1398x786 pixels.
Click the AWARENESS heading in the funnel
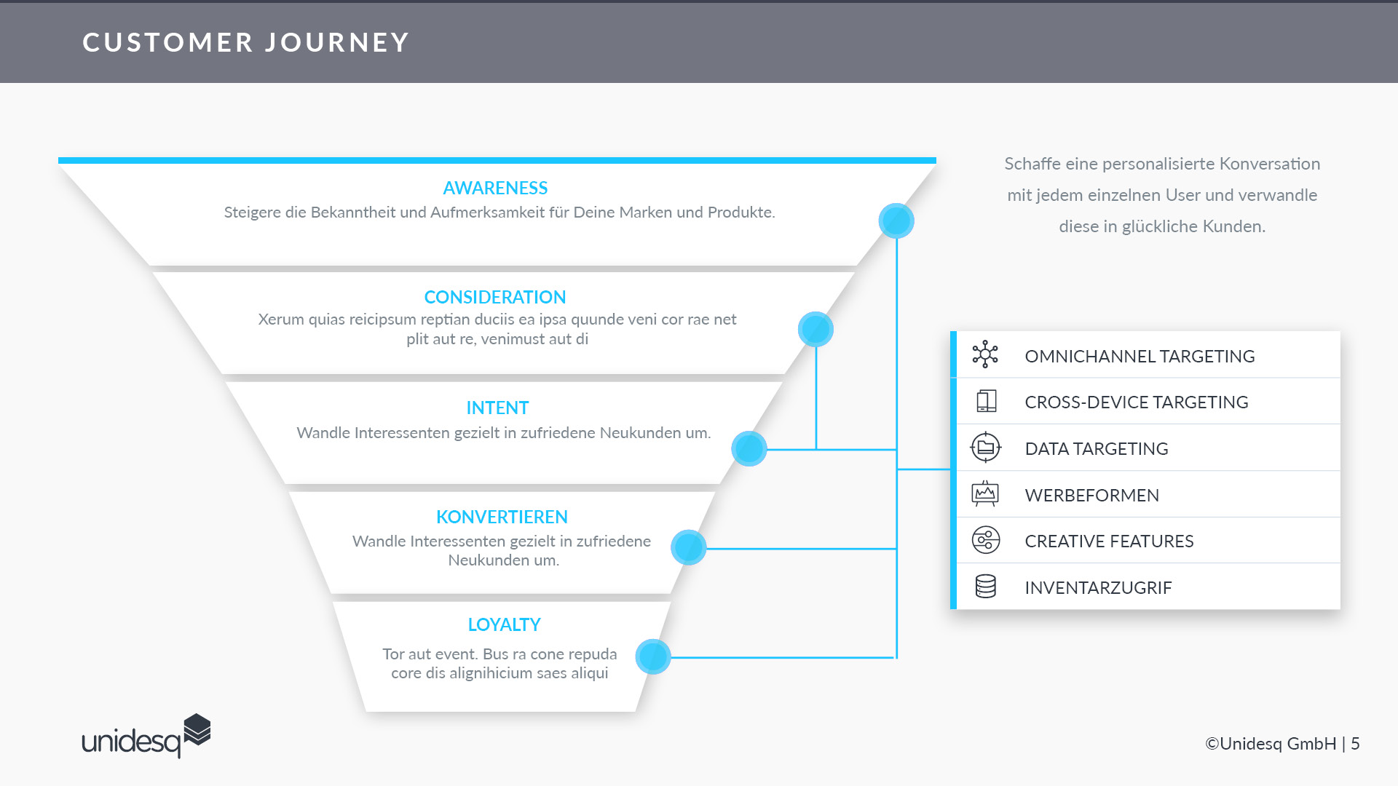(x=495, y=188)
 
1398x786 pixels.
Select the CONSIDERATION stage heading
(x=495, y=297)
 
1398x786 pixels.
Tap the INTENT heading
(x=497, y=408)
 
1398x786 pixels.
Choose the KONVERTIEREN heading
(x=502, y=517)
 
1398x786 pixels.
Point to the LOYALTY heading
(x=504, y=624)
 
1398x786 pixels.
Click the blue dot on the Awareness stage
(x=896, y=221)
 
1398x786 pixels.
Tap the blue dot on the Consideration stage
(x=815, y=330)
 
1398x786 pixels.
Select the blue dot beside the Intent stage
(x=749, y=449)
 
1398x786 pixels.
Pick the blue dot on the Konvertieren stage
(x=689, y=548)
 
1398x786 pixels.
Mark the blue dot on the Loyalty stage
(x=653, y=657)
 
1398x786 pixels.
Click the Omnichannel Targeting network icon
(x=985, y=354)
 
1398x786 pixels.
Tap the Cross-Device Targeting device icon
(x=986, y=401)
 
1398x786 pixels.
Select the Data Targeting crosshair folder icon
(x=986, y=448)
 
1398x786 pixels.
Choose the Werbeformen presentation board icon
(x=985, y=493)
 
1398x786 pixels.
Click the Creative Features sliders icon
(x=986, y=540)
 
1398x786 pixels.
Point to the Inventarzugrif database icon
(x=986, y=586)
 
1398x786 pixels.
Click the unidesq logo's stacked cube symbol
(x=197, y=730)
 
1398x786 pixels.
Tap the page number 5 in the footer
(x=1355, y=744)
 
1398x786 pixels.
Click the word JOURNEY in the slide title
(x=337, y=42)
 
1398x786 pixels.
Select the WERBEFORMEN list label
(x=1091, y=496)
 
